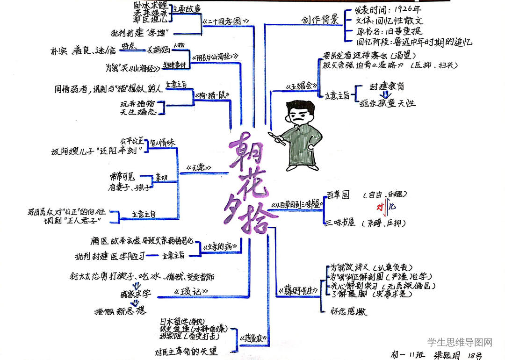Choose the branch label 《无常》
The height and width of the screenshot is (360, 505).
(198, 167)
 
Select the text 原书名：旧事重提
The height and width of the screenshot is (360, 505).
(389, 31)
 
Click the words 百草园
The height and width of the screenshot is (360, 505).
(338, 195)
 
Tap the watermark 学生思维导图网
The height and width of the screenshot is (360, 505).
(460, 343)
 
